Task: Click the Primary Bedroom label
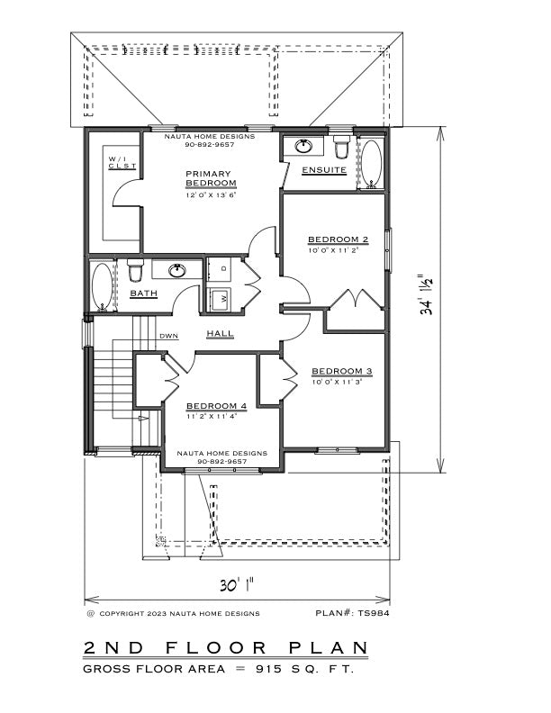point(211,179)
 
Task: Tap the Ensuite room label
point(324,170)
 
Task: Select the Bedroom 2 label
point(339,239)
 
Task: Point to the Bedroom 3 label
point(342,372)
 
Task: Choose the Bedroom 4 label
point(216,406)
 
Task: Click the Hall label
point(220,333)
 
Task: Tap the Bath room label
point(144,293)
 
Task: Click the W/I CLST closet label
point(122,162)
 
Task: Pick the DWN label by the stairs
point(168,337)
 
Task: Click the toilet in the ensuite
point(341,147)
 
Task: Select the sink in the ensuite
point(303,146)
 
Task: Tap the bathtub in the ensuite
point(372,164)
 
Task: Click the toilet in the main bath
point(135,270)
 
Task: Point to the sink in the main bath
point(177,271)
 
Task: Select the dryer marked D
point(220,269)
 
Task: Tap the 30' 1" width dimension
point(237,585)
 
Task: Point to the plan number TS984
point(352,613)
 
